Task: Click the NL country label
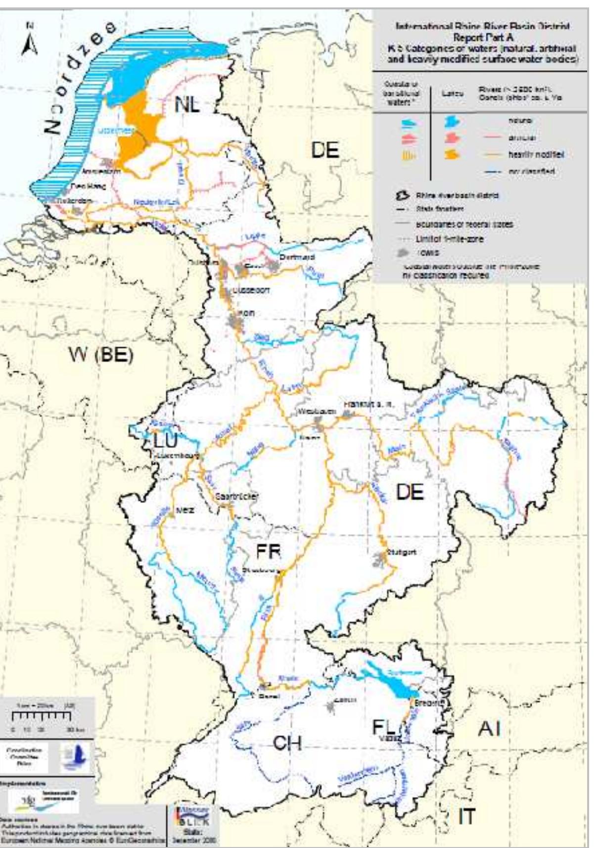[x=187, y=104]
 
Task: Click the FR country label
[x=268, y=551]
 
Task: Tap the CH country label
[x=287, y=743]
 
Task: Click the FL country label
[x=384, y=727]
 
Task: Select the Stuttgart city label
[x=402, y=552]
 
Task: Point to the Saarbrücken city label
[x=237, y=496]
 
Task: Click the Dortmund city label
[x=297, y=257]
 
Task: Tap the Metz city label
[x=185, y=510]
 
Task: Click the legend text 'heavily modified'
[x=536, y=155]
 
